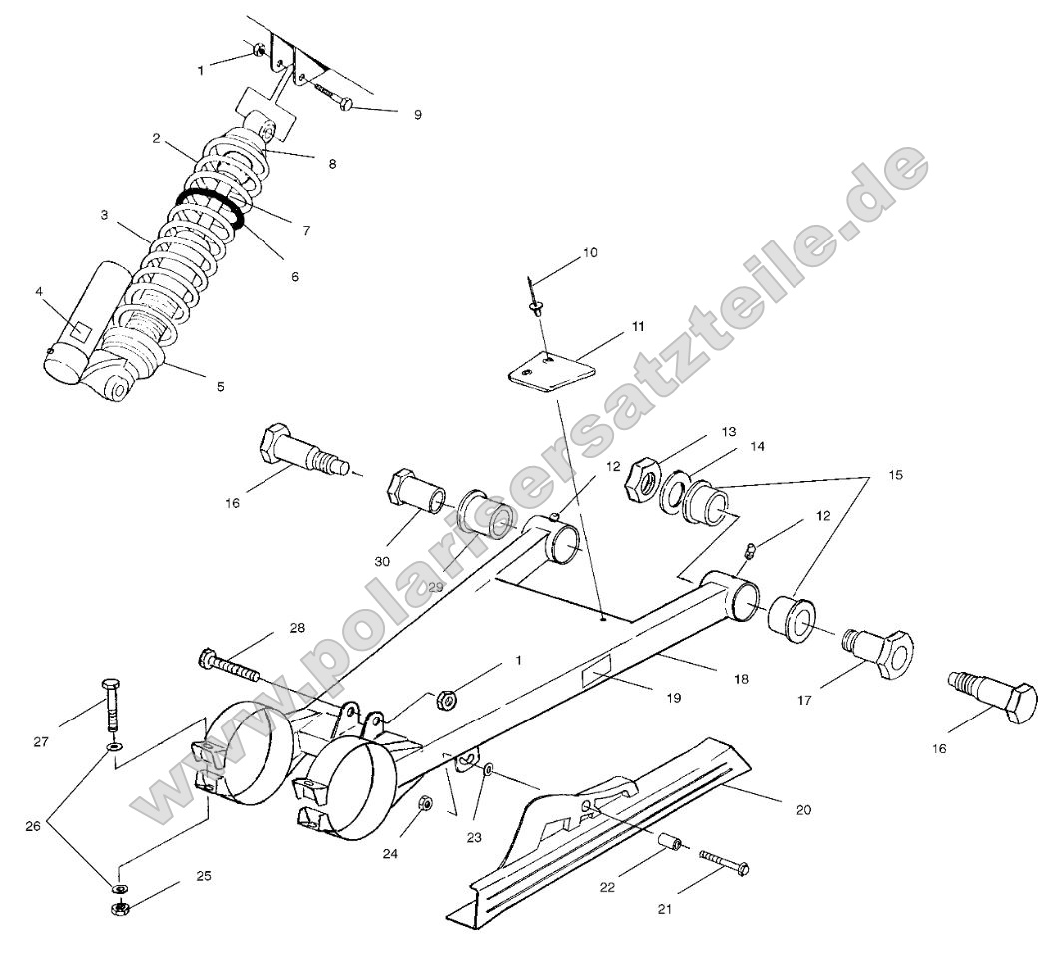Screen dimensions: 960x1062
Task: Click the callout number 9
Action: [417, 115]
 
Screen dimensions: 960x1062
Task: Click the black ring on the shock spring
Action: [211, 205]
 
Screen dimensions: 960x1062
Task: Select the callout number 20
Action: [804, 810]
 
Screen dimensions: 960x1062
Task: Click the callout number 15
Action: [894, 476]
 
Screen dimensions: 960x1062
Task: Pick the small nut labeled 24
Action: [425, 804]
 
